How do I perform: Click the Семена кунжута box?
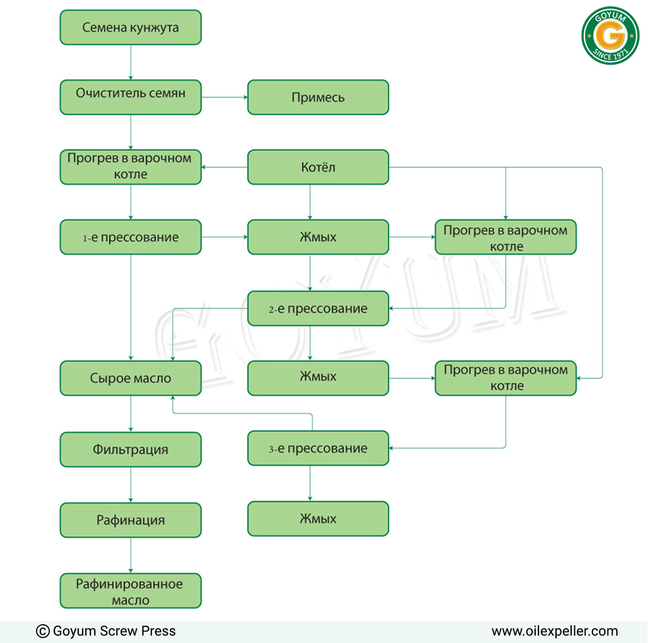tap(131, 27)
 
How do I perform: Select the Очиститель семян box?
tap(131, 97)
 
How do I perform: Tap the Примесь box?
tap(318, 97)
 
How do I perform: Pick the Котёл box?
tap(318, 167)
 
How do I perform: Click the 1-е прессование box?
tap(131, 237)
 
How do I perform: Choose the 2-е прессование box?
tap(318, 308)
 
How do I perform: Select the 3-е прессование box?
tap(318, 448)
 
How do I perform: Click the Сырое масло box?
tap(131, 378)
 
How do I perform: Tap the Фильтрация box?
tap(131, 449)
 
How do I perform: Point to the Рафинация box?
tap(131, 520)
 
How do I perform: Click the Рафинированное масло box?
tap(131, 590)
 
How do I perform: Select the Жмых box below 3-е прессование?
tap(318, 518)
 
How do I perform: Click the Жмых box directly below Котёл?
tap(318, 237)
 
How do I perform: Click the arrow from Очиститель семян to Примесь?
tap(224, 97)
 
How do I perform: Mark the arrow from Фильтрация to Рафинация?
tap(131, 485)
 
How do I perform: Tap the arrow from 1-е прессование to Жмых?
tap(224, 237)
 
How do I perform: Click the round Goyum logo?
tap(610, 35)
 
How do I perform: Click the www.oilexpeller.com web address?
tap(554, 631)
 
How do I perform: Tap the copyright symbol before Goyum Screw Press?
tap(43, 631)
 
